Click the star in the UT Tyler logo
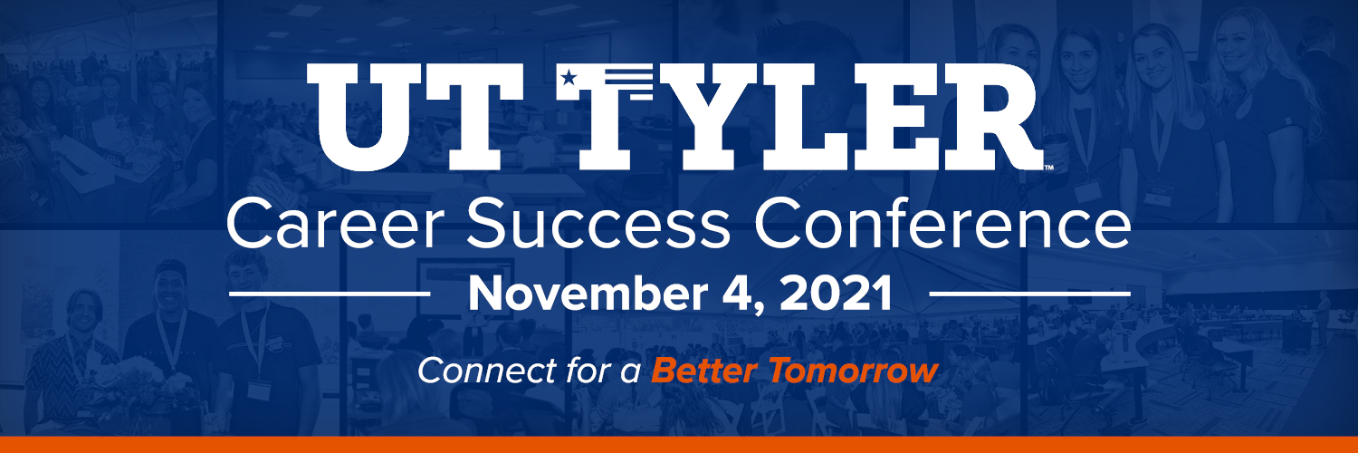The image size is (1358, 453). point(568,77)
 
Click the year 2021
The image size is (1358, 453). point(837,294)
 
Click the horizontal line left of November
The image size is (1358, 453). point(330,294)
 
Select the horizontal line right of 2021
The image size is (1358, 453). point(1030,294)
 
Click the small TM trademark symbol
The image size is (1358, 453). point(1048,168)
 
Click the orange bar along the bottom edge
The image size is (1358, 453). point(679,445)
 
